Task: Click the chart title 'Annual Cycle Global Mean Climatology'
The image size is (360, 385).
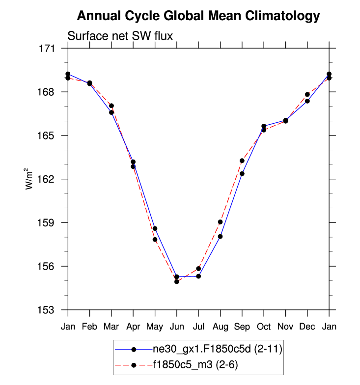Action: [x=198, y=17]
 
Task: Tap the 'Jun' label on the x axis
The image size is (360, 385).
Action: [x=176, y=326]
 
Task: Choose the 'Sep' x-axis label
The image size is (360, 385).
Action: [x=242, y=326]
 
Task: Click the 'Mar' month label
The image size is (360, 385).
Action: [x=111, y=326]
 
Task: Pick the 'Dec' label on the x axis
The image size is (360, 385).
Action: [x=307, y=326]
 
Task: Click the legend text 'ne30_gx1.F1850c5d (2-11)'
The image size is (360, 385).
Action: [x=217, y=349]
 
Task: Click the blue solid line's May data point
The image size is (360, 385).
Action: [x=155, y=228]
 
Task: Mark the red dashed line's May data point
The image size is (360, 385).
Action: [x=155, y=240]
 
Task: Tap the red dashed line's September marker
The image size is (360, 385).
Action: [x=242, y=161]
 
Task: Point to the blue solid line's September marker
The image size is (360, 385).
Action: [x=242, y=174]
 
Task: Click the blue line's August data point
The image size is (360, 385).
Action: [x=221, y=237]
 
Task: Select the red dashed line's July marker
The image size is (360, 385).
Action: [x=198, y=269]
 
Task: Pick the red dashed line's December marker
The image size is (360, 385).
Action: [x=307, y=94]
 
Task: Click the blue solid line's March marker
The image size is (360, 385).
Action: [x=111, y=112]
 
